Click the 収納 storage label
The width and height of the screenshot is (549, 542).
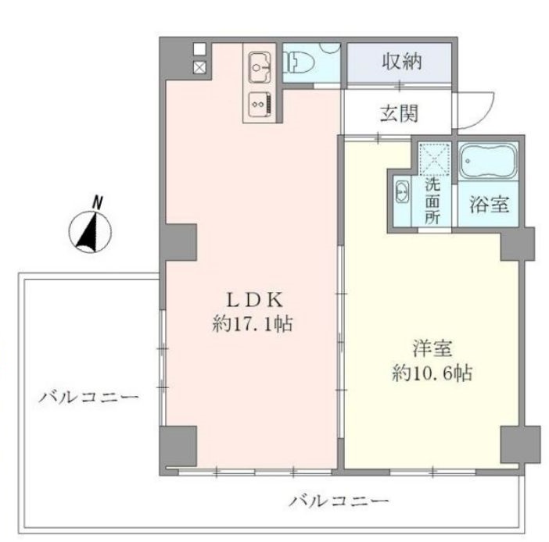point(402,62)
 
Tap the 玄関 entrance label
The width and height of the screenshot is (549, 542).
point(399,113)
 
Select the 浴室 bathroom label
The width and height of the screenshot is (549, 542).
point(489,204)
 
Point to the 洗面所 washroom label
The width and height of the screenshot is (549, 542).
point(432,201)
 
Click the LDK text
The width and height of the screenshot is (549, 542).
point(255,300)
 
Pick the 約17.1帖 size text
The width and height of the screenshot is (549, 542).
point(253,324)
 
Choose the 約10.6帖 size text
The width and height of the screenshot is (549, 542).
point(432,373)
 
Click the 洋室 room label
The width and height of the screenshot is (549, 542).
point(432,348)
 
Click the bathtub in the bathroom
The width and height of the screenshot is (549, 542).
point(489,161)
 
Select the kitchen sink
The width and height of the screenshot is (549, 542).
point(261,67)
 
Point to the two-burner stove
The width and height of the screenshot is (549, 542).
point(261,105)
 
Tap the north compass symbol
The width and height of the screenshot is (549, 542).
point(90,232)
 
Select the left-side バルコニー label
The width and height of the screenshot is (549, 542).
point(88,398)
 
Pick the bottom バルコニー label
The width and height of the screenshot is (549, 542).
point(339,501)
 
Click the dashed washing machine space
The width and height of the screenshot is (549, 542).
point(435,159)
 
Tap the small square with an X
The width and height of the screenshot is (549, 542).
point(200,67)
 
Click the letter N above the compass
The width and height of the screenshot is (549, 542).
point(97,203)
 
